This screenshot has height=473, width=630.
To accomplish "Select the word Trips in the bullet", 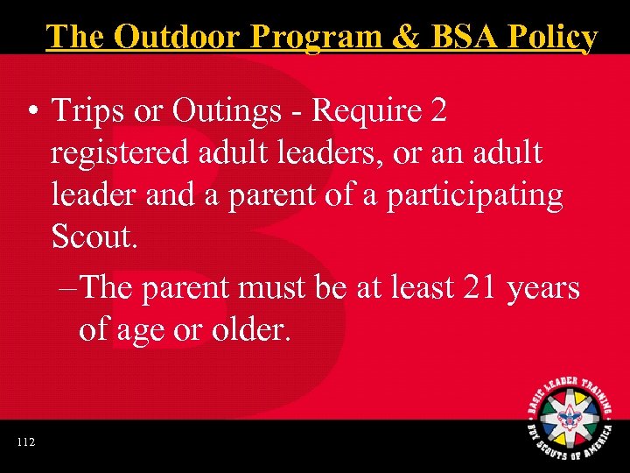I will pos(86,111).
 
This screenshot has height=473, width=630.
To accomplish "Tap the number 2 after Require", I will pos(439,111).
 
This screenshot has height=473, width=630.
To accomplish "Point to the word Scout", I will pos(93,236).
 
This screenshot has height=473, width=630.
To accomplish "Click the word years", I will pos(546,286).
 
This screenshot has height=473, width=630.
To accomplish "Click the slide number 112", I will pos(25,442).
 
